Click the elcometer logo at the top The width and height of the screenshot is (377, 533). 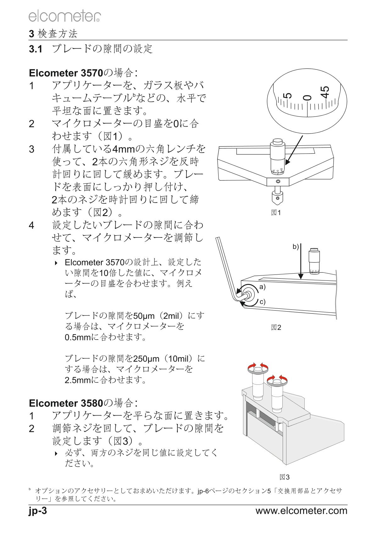64,16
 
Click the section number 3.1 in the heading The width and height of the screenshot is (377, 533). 36,49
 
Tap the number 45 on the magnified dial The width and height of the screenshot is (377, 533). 325,92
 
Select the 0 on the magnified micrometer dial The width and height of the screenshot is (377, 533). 307,97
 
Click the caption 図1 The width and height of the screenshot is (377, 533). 276,213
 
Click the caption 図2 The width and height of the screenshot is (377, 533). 276,327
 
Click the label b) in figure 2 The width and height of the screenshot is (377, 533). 296,247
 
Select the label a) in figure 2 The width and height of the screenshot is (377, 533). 262,287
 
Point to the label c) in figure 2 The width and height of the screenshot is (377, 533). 262,302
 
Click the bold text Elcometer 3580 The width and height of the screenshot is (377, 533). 66,403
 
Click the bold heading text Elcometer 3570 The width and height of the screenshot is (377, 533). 66,73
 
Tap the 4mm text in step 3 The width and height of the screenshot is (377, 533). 124,149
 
